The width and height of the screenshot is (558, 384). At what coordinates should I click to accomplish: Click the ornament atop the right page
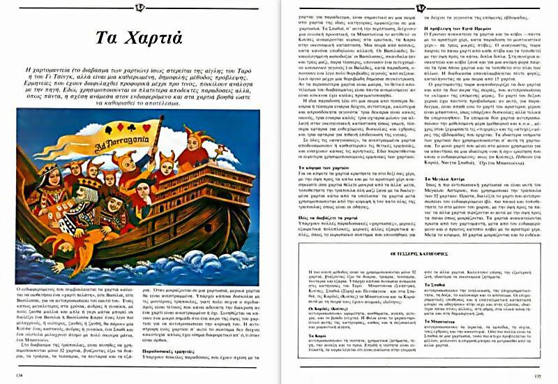pos(421,8)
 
